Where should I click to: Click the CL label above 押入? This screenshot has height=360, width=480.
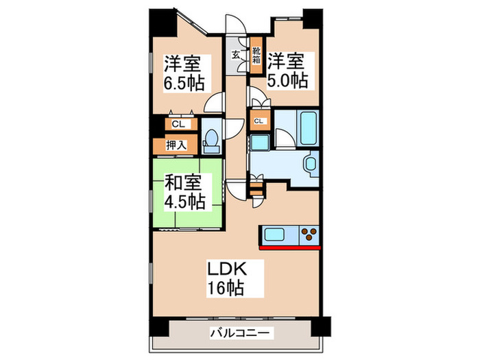(178, 124)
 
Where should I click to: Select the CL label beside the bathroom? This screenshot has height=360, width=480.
(259, 121)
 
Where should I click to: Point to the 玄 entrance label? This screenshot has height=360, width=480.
(235, 55)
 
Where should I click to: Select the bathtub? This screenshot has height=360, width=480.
(307, 126)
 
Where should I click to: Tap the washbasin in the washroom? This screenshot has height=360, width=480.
(311, 165)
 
